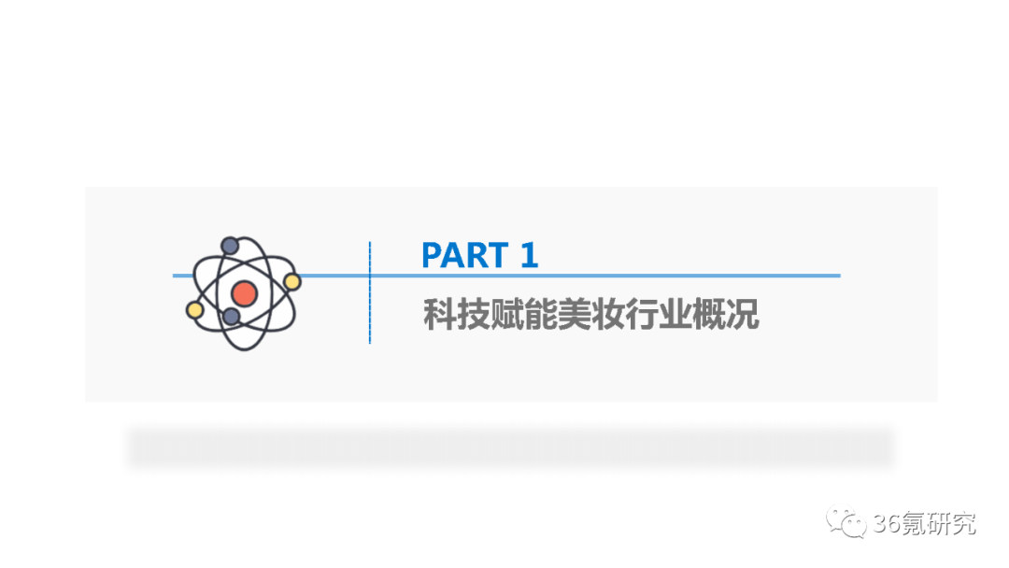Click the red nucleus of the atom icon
[x=244, y=293]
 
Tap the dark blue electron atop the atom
[x=230, y=246]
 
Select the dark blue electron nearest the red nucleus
[x=231, y=317]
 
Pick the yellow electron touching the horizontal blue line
[x=291, y=281]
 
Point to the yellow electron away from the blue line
[x=195, y=309]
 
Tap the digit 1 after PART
[x=529, y=255]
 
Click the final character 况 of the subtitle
[x=743, y=315]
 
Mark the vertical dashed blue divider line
[x=370, y=292]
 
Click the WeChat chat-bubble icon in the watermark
[x=850, y=524]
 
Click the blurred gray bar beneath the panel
[x=510, y=447]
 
